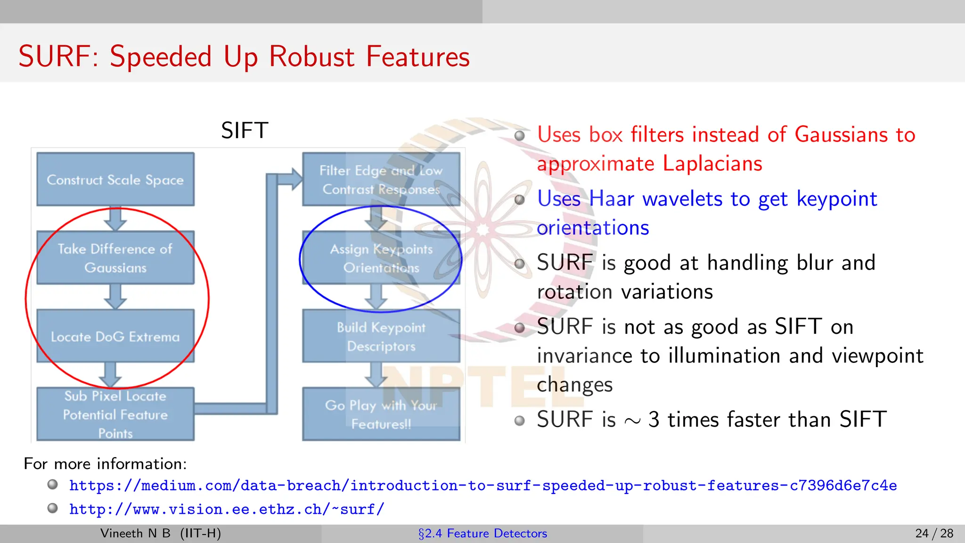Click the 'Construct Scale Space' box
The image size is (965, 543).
tap(115, 179)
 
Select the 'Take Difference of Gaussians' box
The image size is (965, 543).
tap(115, 257)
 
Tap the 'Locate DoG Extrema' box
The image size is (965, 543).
tap(115, 336)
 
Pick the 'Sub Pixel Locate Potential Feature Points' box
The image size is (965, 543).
tap(115, 414)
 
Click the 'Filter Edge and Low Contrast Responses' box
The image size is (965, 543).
tap(381, 179)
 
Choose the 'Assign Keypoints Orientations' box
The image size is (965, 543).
tap(381, 257)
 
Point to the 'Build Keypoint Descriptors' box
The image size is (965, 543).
tap(381, 336)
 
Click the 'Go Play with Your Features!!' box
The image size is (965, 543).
tap(381, 414)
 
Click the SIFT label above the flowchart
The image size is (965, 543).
tap(245, 130)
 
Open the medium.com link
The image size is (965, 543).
tap(483, 485)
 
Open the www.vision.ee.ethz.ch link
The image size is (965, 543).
tap(227, 510)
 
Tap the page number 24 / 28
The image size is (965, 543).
tap(934, 534)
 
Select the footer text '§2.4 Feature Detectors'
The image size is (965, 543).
tap(482, 534)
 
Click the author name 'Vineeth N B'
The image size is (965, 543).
tap(135, 534)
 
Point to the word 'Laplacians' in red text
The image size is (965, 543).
tap(712, 164)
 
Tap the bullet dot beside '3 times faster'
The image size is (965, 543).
tap(519, 420)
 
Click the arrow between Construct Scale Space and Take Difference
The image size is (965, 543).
tap(115, 218)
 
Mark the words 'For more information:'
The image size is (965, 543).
tap(105, 464)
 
